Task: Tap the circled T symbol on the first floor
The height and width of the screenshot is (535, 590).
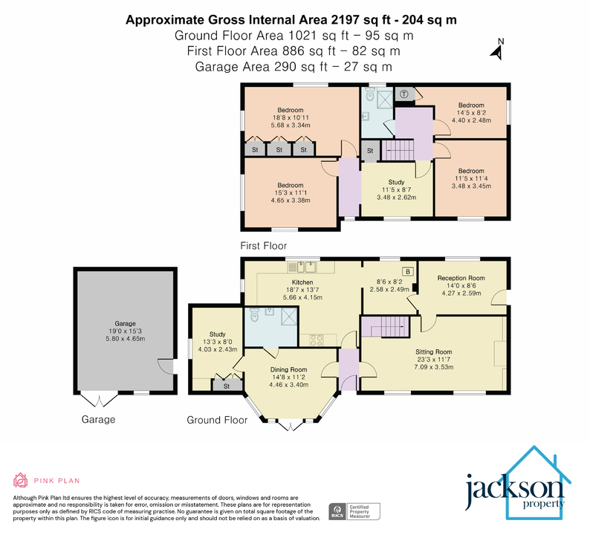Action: click(403, 94)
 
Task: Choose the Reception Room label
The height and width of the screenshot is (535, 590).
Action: click(461, 279)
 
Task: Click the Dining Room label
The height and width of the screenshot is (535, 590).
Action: click(288, 369)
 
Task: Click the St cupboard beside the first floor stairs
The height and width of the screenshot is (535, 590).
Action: click(370, 151)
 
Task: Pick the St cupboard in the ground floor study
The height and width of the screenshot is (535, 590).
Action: click(226, 386)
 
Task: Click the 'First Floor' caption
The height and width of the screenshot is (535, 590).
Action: click(263, 245)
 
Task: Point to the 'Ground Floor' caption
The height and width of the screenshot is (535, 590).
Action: click(217, 420)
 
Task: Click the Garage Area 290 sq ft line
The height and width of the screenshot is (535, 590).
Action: click(294, 67)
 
